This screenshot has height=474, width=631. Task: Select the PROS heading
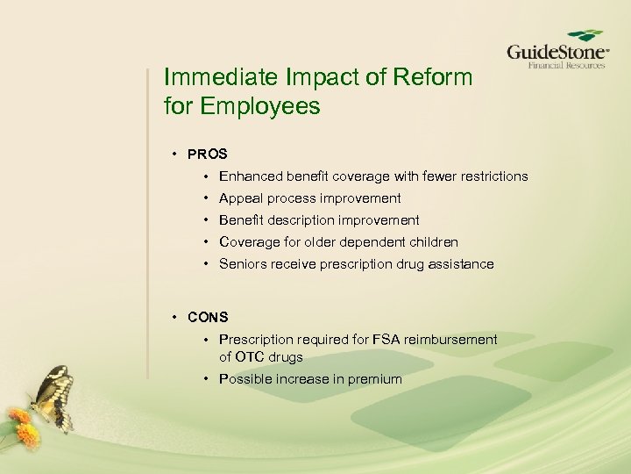(208, 154)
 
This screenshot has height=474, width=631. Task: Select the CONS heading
(208, 317)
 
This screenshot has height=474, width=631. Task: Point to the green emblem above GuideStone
(585, 34)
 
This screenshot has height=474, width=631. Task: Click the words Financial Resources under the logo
(565, 65)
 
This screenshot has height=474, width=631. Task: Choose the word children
(434, 242)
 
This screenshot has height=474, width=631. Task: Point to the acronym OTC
(252, 357)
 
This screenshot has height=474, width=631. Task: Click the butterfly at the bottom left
(48, 396)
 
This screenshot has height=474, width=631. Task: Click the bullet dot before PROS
(176, 154)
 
